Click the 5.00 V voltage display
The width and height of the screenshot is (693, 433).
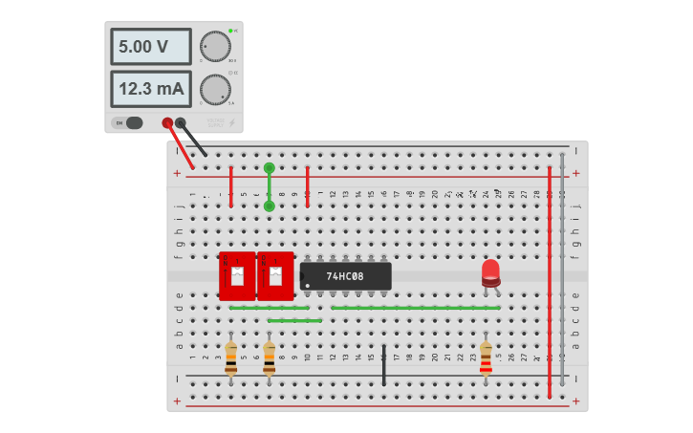pyautogui.click(x=151, y=46)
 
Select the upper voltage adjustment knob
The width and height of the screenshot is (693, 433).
pyautogui.click(x=215, y=46)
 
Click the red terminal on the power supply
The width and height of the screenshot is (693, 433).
pyautogui.click(x=168, y=122)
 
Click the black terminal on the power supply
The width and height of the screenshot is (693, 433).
pyautogui.click(x=181, y=122)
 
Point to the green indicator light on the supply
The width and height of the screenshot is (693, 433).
pyautogui.click(x=231, y=32)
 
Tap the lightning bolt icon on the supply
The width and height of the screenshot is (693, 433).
pyautogui.click(x=231, y=122)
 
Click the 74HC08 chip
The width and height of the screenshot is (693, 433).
pyautogui.click(x=345, y=276)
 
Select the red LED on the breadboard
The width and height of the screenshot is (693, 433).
pyautogui.click(x=490, y=271)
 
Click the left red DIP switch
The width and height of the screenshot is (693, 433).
pyautogui.click(x=237, y=276)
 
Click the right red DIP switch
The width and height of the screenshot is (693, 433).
pyautogui.click(x=275, y=276)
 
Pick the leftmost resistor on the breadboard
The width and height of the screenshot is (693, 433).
pyautogui.click(x=230, y=357)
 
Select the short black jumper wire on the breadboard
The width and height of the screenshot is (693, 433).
pyautogui.click(x=384, y=365)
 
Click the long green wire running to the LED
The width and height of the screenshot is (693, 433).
pyautogui.click(x=416, y=308)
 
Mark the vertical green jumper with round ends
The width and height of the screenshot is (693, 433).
pyautogui.click(x=269, y=186)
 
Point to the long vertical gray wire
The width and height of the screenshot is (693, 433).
pyautogui.click(x=563, y=268)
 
